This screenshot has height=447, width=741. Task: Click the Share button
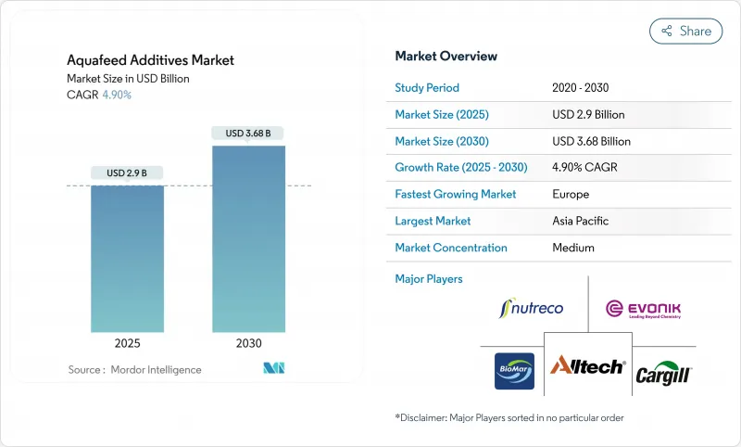point(685,31)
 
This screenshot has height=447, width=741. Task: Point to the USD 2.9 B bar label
point(127,173)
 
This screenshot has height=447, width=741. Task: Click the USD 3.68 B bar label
point(248,134)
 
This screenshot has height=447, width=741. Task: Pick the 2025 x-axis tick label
point(127,343)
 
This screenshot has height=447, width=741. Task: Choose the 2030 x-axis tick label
point(248,343)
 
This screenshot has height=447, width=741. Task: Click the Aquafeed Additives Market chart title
point(150,60)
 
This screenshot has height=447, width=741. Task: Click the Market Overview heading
point(446,57)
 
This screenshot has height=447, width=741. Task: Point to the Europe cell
point(571,195)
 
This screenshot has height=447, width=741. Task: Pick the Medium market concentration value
point(573,248)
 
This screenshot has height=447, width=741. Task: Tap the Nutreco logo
point(531,308)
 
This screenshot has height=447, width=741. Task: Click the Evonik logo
point(642,308)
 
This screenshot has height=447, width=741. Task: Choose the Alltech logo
point(588,367)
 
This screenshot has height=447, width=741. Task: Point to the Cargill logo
point(663,374)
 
